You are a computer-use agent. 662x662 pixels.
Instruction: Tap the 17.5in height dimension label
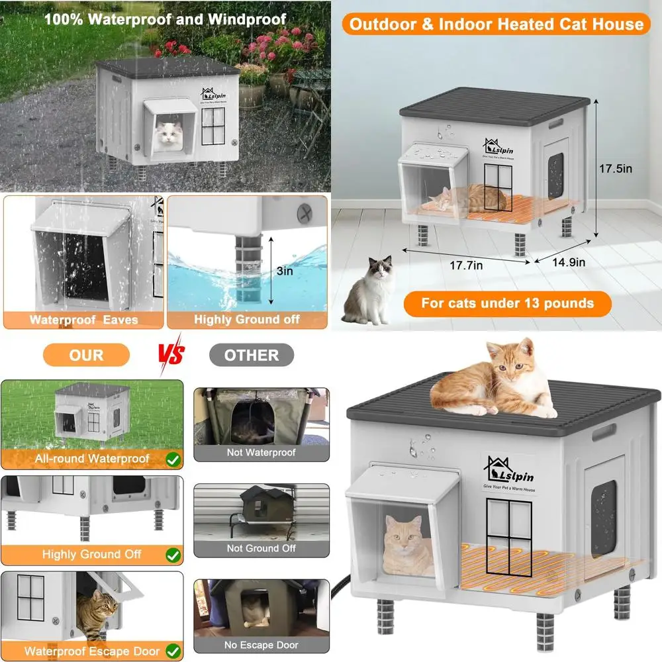[x=616, y=169]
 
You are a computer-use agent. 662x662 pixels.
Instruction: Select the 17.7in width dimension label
[x=465, y=265]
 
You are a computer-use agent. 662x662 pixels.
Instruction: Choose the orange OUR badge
[x=86, y=355]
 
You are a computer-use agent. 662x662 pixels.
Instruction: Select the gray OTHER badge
[x=252, y=355]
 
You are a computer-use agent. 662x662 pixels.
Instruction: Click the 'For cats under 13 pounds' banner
[x=508, y=304]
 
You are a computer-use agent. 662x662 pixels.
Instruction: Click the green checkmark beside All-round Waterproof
[x=173, y=458]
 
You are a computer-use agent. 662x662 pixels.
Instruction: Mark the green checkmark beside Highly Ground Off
[x=173, y=554]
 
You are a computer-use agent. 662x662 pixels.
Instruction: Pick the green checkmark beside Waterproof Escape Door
[x=173, y=651]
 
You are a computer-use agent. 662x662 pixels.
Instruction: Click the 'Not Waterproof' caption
[x=261, y=453]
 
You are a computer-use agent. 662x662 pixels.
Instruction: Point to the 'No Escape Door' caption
[x=261, y=645]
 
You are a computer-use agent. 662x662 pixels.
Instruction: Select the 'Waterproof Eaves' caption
[x=83, y=320]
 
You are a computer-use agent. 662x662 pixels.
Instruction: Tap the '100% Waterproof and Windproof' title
[x=165, y=18]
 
